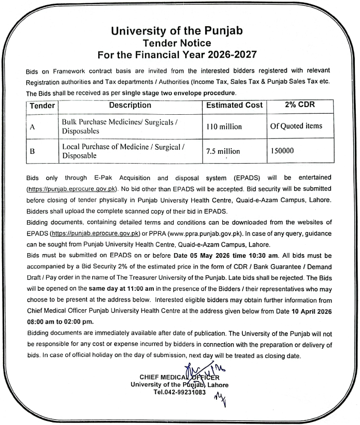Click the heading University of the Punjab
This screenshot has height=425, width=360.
tap(177, 30)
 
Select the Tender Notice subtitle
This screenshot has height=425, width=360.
tap(177, 42)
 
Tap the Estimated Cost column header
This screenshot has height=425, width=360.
tap(234, 105)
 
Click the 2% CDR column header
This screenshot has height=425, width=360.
tap(299, 105)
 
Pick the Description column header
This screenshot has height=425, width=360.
tap(130, 105)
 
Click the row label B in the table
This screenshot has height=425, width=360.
tap(32, 152)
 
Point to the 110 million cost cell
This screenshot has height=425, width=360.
tap(224, 127)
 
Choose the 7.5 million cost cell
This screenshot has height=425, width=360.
tap(223, 151)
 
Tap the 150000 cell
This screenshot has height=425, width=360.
tap(283, 151)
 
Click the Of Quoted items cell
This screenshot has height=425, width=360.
tap(296, 126)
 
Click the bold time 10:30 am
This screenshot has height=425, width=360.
tap(261, 255)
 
